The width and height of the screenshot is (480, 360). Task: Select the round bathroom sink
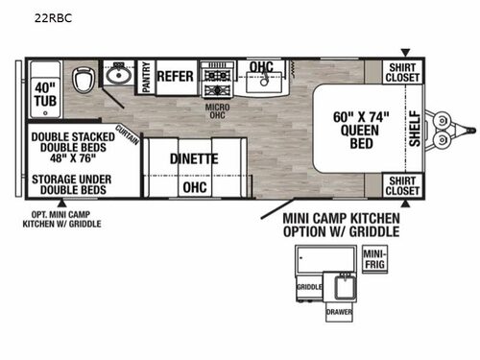pos(119,74)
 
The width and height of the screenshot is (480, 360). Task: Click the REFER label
pos(175,75)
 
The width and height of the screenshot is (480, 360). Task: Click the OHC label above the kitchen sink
pos(262,66)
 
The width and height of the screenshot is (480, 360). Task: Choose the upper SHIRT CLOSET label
pos(402,71)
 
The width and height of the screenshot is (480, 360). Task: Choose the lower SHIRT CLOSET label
pos(402,185)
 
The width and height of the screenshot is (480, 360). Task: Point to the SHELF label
pos(415,128)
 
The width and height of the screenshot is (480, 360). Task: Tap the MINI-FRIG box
pos(374,257)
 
